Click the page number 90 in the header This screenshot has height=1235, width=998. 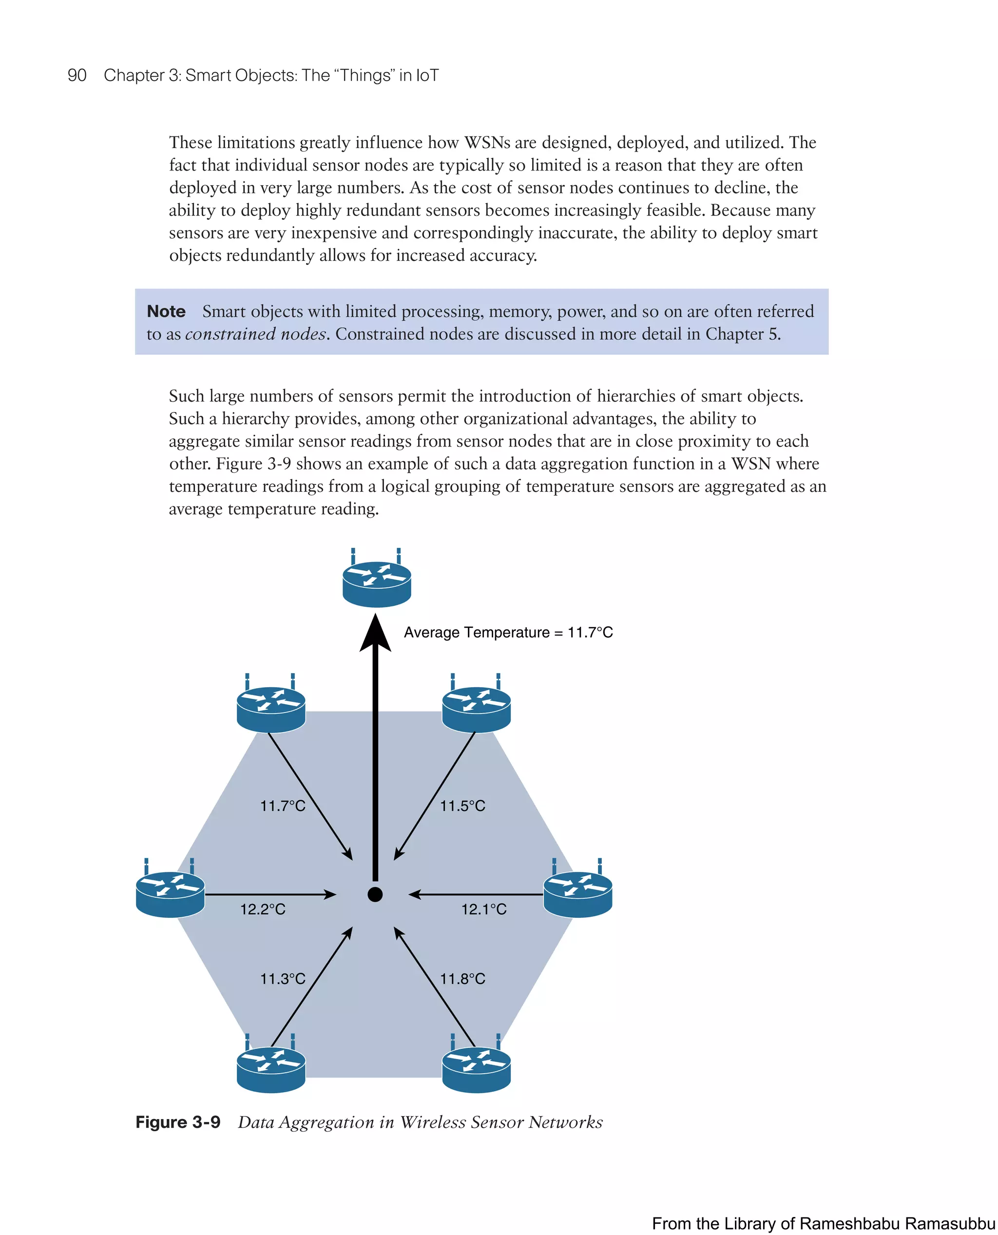[x=77, y=76]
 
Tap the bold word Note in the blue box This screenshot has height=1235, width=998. [x=166, y=311]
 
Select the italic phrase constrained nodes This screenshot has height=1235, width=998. [x=256, y=334]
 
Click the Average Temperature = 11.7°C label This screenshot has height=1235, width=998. [x=508, y=633]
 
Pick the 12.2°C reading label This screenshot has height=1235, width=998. [x=263, y=909]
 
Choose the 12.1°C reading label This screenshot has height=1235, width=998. [x=484, y=909]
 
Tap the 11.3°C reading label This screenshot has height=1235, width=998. [x=282, y=979]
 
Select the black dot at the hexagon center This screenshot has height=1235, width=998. [x=375, y=895]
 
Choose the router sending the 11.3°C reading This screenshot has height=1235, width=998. [x=271, y=1069]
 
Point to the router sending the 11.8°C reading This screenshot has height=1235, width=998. [x=476, y=1069]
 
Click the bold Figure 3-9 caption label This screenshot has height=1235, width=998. [x=178, y=1122]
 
